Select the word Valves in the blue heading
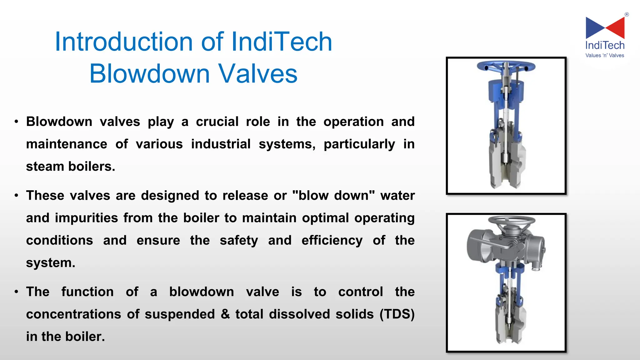[x=257, y=74]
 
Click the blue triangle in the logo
[x=594, y=27]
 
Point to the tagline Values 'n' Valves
[x=605, y=56]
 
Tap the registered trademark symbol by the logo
[x=627, y=14]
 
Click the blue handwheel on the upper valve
[x=506, y=66]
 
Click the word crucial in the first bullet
[x=217, y=122]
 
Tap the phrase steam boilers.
[x=70, y=167]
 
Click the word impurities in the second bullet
[x=86, y=218]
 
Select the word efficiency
[x=332, y=241]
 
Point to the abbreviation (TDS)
[x=397, y=314]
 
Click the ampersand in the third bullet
[x=225, y=314]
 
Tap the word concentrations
[x=73, y=314]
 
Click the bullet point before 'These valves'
[x=17, y=196]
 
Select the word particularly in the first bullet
[x=359, y=144]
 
